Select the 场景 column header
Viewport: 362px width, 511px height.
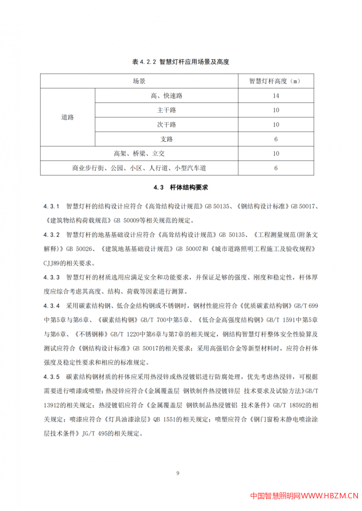pos(139,81)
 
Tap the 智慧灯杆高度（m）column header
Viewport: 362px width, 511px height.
pos(276,81)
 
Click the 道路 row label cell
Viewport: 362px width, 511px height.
pos(68,117)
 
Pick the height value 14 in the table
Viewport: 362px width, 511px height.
pos(276,96)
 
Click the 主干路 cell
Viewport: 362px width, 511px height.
pos(167,110)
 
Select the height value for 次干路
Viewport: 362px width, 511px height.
pos(276,125)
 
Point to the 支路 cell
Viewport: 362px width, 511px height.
pos(167,139)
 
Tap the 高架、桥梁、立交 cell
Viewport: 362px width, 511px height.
pos(139,154)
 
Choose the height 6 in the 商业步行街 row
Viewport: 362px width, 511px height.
pos(276,168)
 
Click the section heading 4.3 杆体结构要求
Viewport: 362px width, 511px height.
pos(181,187)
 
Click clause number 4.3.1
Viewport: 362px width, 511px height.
pos(52,206)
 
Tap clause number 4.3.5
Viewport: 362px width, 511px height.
pos(52,376)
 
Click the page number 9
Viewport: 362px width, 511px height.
pos(178,473)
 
